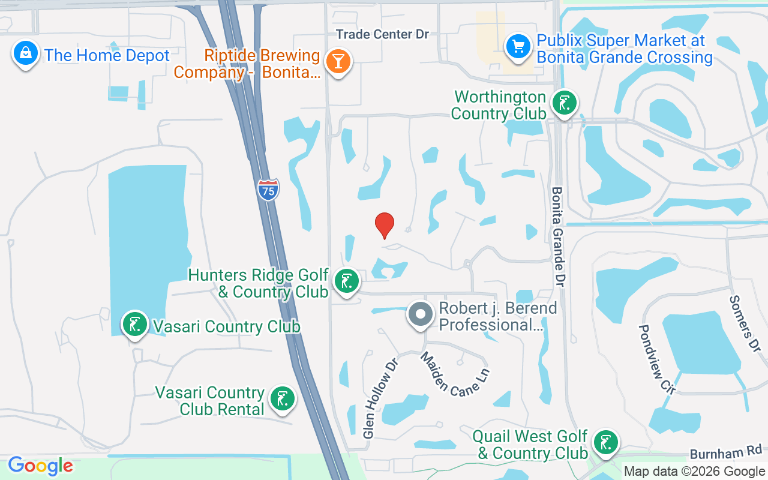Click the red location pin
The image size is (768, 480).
point(385,225)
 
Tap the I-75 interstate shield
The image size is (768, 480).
point(268,190)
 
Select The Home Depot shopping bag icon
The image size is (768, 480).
point(26,54)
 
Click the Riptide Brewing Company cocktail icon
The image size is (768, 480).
point(338,61)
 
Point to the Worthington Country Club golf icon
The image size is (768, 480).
point(563,103)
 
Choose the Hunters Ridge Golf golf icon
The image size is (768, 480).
point(346,280)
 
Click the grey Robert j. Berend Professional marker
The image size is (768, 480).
point(421,314)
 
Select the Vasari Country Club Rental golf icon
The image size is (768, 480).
point(282,398)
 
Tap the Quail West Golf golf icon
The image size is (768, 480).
point(605,442)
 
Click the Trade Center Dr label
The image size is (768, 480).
point(382,34)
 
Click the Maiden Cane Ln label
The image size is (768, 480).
point(454,373)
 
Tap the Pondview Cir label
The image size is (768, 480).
point(656,359)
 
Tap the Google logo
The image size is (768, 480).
point(41,466)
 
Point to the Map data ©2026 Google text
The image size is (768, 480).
point(694,472)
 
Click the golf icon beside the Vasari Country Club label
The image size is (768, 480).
point(135,325)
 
